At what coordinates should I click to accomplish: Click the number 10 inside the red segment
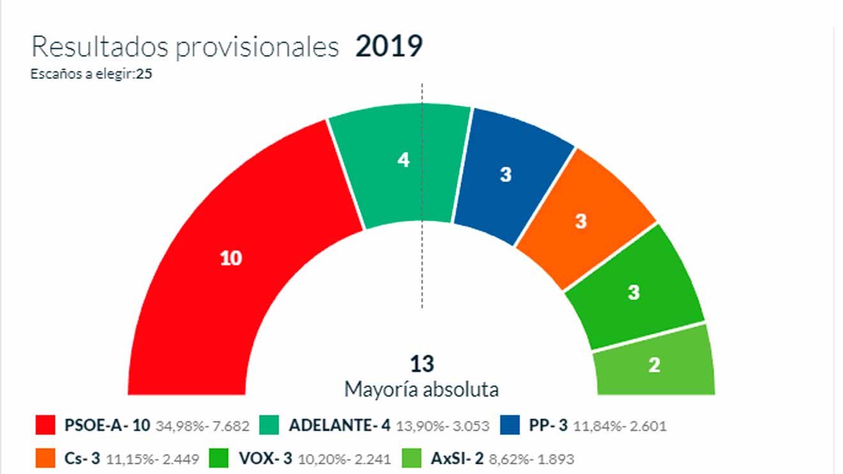tap(231, 258)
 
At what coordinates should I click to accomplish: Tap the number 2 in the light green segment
tap(654, 365)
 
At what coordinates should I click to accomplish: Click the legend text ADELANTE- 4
tap(339, 426)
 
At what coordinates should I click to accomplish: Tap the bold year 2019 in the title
tap(389, 47)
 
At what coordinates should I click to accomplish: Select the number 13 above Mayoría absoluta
tap(422, 364)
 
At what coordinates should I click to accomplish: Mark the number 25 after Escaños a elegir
tap(144, 73)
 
